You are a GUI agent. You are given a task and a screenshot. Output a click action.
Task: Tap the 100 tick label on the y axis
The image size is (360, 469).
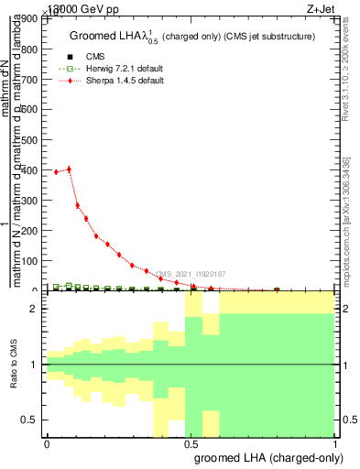pyautogui.click(x=32, y=261)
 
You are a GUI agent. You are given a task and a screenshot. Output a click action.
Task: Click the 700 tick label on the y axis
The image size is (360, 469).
pyautogui.click(x=32, y=80)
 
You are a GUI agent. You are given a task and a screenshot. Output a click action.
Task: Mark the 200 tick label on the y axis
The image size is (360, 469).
pyautogui.click(x=32, y=231)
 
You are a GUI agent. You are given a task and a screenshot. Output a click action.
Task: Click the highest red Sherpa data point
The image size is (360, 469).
pyautogui.click(x=69, y=169)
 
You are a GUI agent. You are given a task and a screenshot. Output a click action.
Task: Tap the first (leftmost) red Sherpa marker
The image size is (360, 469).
pyautogui.click(x=56, y=172)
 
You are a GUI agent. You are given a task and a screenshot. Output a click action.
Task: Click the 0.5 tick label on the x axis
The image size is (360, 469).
pyautogui.click(x=191, y=443)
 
